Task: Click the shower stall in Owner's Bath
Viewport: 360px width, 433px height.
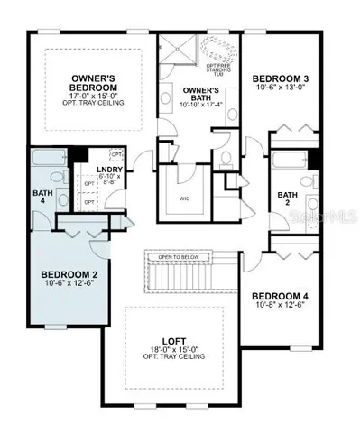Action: click(x=180, y=51)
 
